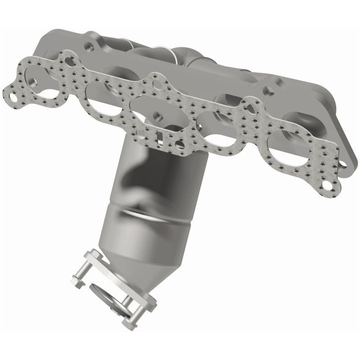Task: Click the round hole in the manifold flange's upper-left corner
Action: click(x=90, y=46)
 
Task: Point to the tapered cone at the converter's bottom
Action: click(x=135, y=252)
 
